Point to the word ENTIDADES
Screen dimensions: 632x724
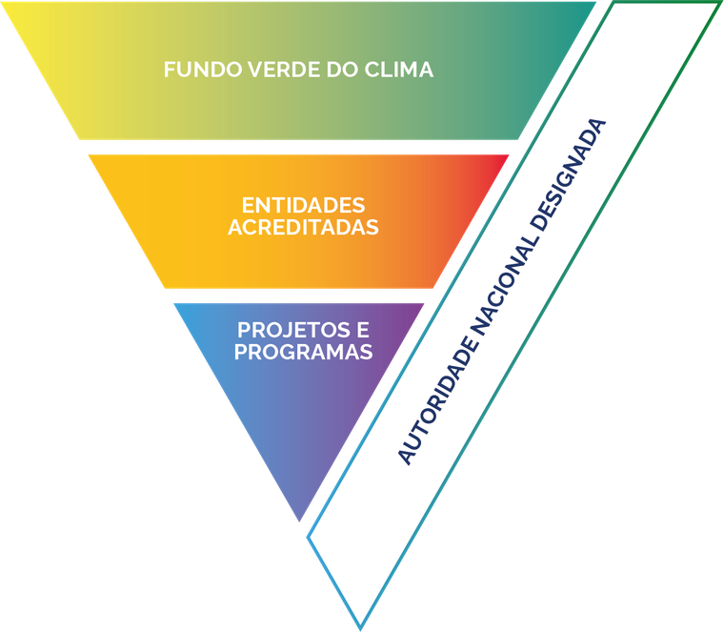303,206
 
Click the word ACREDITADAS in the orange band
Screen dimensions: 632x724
303,228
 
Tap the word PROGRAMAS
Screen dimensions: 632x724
303,352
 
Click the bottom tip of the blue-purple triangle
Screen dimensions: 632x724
301,520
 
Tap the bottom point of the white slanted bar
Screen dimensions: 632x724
359,626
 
